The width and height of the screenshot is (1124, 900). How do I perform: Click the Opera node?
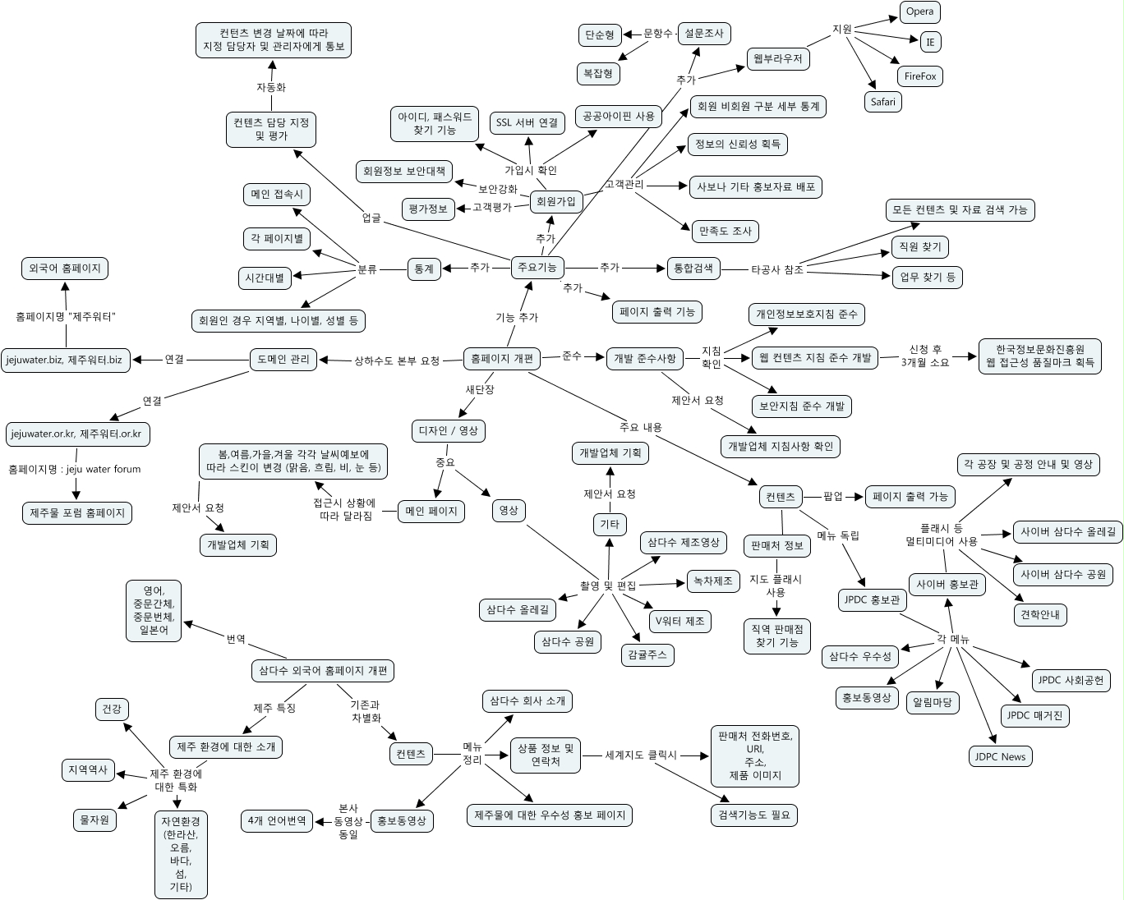pyautogui.click(x=919, y=11)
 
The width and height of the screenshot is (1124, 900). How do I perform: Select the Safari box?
pyautogui.click(x=883, y=102)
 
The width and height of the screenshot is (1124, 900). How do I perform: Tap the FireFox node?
pyautogui.click(x=919, y=76)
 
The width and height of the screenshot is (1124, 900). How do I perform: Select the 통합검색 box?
pyautogui.click(x=693, y=268)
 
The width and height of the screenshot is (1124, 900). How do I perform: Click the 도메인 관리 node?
pyautogui.click(x=283, y=360)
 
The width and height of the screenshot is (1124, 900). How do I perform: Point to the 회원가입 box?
pyautogui.click(x=555, y=201)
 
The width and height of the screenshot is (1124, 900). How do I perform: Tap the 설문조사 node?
pyautogui.click(x=703, y=34)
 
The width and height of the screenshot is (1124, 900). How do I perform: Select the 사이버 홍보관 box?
pyautogui.click(x=946, y=585)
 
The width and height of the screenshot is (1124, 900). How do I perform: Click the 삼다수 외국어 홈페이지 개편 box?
pyautogui.click(x=322, y=670)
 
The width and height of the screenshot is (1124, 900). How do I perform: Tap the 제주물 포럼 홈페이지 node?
pyautogui.click(x=77, y=513)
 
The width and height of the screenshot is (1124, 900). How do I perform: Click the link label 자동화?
pyautogui.click(x=270, y=87)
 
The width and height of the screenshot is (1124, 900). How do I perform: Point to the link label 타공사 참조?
pyautogui.click(x=776, y=269)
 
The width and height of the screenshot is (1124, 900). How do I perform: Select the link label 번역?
pyautogui.click(x=236, y=638)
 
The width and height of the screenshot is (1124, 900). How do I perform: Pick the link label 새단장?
pyautogui.click(x=480, y=390)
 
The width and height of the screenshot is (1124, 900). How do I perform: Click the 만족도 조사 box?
pyautogui.click(x=725, y=232)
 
